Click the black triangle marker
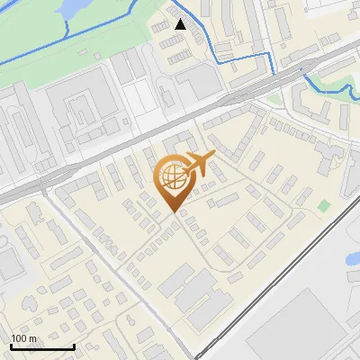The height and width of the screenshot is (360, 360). [x=181, y=24]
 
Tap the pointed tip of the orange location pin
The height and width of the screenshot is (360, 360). [x=174, y=211]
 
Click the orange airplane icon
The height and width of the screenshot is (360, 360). [x=199, y=165]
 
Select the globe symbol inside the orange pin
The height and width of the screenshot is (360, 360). [x=172, y=175]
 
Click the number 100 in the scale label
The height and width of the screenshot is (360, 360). [x=19, y=338]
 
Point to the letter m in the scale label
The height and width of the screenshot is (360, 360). [x=33, y=338]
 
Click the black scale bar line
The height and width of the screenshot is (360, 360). [x=41, y=346]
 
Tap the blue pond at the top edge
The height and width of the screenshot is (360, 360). [x=72, y=7]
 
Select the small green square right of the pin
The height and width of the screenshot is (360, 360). [x=323, y=206]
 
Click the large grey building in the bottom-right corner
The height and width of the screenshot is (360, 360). [x=306, y=328]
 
